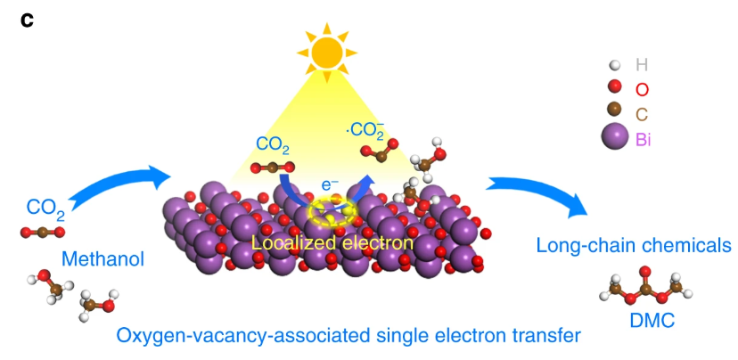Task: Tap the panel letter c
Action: [28, 19]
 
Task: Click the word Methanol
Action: [102, 259]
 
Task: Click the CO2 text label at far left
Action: [45, 209]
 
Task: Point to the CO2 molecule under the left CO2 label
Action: [42, 233]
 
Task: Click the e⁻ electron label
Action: [330, 185]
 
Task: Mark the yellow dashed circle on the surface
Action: [331, 212]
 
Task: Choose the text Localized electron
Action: [332, 241]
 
